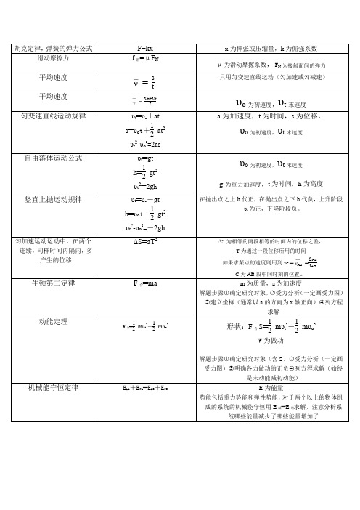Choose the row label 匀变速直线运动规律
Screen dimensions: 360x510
(53, 116)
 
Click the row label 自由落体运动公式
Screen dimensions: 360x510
(53, 157)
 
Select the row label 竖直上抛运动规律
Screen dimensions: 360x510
(53, 198)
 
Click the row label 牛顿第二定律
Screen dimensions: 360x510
(53, 283)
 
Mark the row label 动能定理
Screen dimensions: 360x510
(53, 320)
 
